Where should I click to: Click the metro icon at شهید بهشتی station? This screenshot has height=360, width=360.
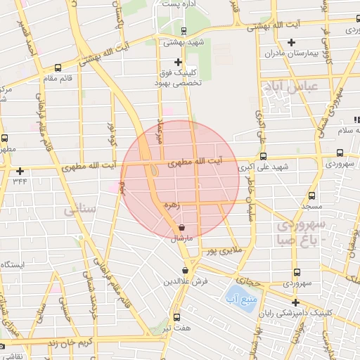coord(184,30)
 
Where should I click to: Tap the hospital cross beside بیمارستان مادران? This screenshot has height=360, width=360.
coord(290,42)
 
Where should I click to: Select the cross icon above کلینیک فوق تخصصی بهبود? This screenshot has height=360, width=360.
coord(178,62)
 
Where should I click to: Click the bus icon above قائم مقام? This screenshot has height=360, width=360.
coord(57,67)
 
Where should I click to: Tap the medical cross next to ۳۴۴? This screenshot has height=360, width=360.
coord(20,171)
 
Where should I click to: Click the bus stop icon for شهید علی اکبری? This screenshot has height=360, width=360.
coord(263,157)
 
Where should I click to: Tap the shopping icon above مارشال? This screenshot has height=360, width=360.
coord(182,228)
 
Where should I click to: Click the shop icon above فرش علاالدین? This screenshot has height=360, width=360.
coord(186,270)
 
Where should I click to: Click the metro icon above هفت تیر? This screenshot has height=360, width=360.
coord(176,316)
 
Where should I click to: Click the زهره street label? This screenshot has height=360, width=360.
coord(171,205)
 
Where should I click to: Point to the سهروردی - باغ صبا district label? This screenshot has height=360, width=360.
coord(301,231)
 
